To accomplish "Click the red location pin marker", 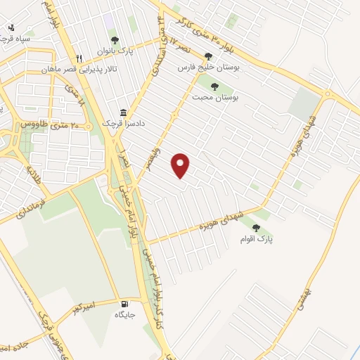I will click(181, 165).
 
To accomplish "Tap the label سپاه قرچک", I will click(15, 39).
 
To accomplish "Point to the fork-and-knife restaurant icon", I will click(79, 59).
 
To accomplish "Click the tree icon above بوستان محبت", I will click(214, 86).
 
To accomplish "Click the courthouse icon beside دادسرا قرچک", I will click(123, 112).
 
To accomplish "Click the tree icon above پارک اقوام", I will click(255, 228).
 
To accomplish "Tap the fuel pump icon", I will click(124, 304).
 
